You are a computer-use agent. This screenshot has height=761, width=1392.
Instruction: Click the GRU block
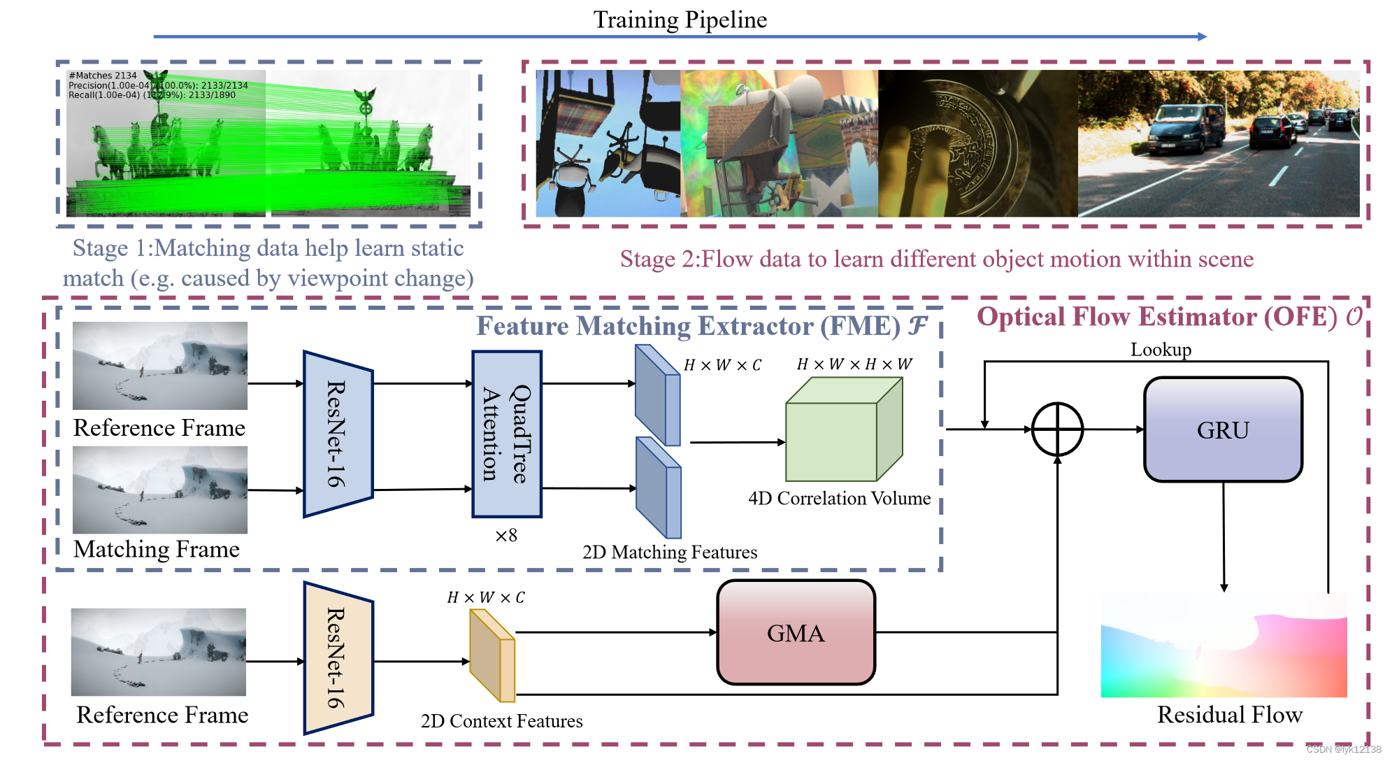[x=1222, y=429]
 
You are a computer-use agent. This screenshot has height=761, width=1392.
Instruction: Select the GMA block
[x=796, y=632]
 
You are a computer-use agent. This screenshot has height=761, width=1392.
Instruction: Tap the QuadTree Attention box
[x=507, y=434]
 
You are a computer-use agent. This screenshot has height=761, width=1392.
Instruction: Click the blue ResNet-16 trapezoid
[x=338, y=434]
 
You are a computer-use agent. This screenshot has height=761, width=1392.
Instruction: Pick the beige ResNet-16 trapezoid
[x=338, y=657]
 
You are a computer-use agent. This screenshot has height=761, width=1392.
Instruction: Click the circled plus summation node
[x=1057, y=429]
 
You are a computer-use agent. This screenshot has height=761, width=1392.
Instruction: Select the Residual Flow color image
[x=1224, y=645]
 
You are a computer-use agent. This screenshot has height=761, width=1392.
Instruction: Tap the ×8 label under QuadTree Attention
[x=505, y=536]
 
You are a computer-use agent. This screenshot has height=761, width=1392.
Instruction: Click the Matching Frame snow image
[x=160, y=490]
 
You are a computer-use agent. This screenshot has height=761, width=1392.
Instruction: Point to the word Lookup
[x=1161, y=349]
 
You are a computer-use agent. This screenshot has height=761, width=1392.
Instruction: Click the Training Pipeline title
[x=680, y=20]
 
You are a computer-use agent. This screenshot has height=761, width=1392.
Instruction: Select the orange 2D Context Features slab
[x=492, y=655]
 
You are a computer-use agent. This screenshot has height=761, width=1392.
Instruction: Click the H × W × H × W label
[x=854, y=364]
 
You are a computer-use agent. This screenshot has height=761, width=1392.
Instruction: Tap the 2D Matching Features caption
[x=669, y=552]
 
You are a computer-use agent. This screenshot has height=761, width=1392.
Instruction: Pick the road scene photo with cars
[x=1218, y=143]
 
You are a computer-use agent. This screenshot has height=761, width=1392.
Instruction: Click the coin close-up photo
[x=977, y=143]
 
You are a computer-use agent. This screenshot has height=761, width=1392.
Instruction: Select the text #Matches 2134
[x=102, y=76]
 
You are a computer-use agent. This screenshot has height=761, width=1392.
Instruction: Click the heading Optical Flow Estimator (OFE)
[x=1157, y=317]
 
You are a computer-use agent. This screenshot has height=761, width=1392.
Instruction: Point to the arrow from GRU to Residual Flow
[x=1224, y=535]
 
